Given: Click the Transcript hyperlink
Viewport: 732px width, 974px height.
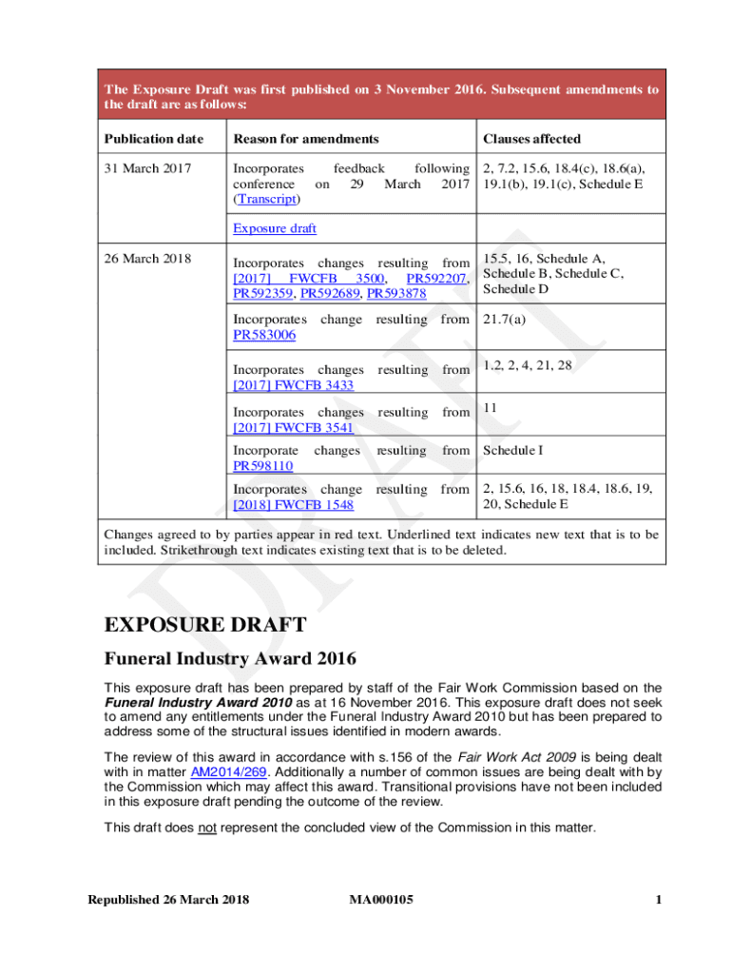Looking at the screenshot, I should pyautogui.click(x=266, y=200).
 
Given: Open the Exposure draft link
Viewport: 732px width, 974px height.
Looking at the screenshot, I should pyautogui.click(x=275, y=228).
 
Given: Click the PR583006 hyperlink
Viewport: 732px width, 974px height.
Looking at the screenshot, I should pyautogui.click(x=263, y=335).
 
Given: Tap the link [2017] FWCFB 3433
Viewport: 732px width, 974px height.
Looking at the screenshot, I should pyautogui.click(x=294, y=384).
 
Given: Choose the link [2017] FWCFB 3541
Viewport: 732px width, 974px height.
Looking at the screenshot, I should pyautogui.click(x=294, y=427).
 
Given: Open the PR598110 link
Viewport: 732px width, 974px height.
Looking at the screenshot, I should pyautogui.click(x=263, y=465).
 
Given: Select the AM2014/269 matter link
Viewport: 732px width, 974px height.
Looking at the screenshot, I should pyautogui.click(x=222, y=773).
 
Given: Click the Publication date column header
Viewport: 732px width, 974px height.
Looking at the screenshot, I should pyautogui.click(x=153, y=139).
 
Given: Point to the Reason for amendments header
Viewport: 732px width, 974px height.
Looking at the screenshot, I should pyautogui.click(x=306, y=139).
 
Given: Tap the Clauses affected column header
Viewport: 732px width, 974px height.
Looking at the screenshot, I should pyautogui.click(x=531, y=139).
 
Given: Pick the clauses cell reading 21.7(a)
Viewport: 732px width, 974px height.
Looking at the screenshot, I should pyautogui.click(x=504, y=320).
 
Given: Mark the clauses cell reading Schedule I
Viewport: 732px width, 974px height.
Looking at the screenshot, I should pyautogui.click(x=514, y=450).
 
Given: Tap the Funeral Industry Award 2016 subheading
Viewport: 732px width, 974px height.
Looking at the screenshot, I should pyautogui.click(x=231, y=658).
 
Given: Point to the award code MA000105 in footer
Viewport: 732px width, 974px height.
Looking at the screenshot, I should pyautogui.click(x=380, y=900).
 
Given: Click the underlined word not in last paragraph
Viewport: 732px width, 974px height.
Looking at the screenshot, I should pyautogui.click(x=207, y=828).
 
